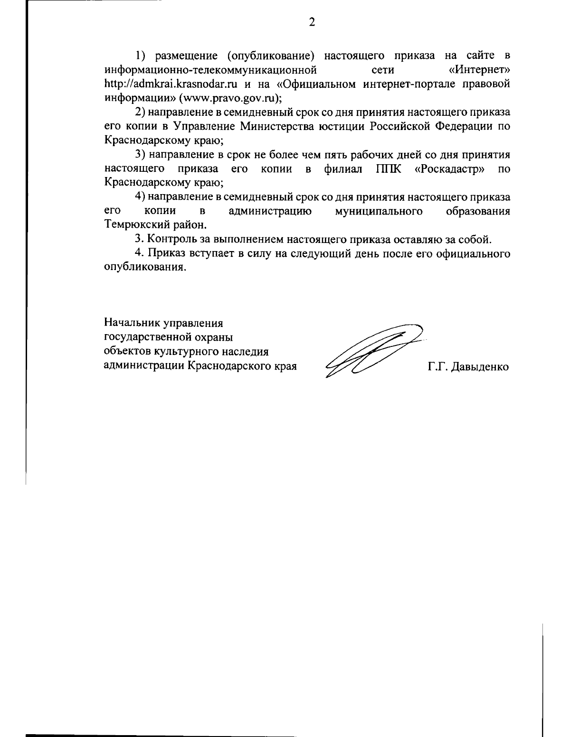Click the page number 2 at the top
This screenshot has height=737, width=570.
point(312,22)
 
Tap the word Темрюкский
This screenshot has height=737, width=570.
point(136,224)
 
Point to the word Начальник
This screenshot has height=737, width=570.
point(132,324)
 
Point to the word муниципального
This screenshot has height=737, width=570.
point(379,211)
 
